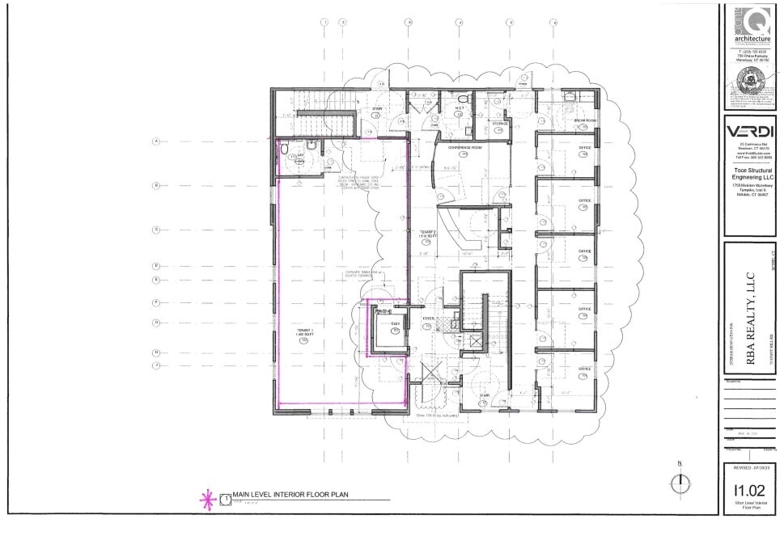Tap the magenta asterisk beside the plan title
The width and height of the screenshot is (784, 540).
coord(206,497)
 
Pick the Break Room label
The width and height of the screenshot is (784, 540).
coord(585,120)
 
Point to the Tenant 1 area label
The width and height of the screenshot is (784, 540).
coord(303,333)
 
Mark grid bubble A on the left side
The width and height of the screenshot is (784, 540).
coord(155,141)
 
